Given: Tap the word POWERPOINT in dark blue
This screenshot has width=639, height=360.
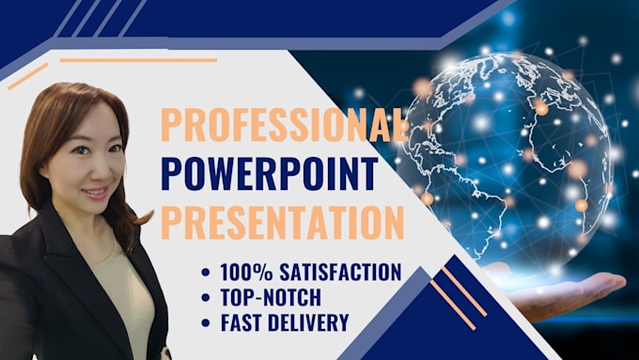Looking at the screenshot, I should pos(270,174).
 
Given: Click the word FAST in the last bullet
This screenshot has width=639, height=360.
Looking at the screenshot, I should pos(242,322).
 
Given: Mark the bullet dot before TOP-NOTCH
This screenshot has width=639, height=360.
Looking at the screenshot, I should pos(206,299).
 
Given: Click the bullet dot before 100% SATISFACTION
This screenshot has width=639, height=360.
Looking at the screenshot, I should pos(206,274).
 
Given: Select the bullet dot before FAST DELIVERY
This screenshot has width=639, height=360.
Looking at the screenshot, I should pos(206,323).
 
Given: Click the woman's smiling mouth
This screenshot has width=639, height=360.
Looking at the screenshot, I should pos(94,192).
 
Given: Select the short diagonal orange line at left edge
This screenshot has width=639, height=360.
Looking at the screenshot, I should pos(27,76).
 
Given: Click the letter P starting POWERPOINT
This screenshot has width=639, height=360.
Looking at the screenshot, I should pos(173,174).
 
